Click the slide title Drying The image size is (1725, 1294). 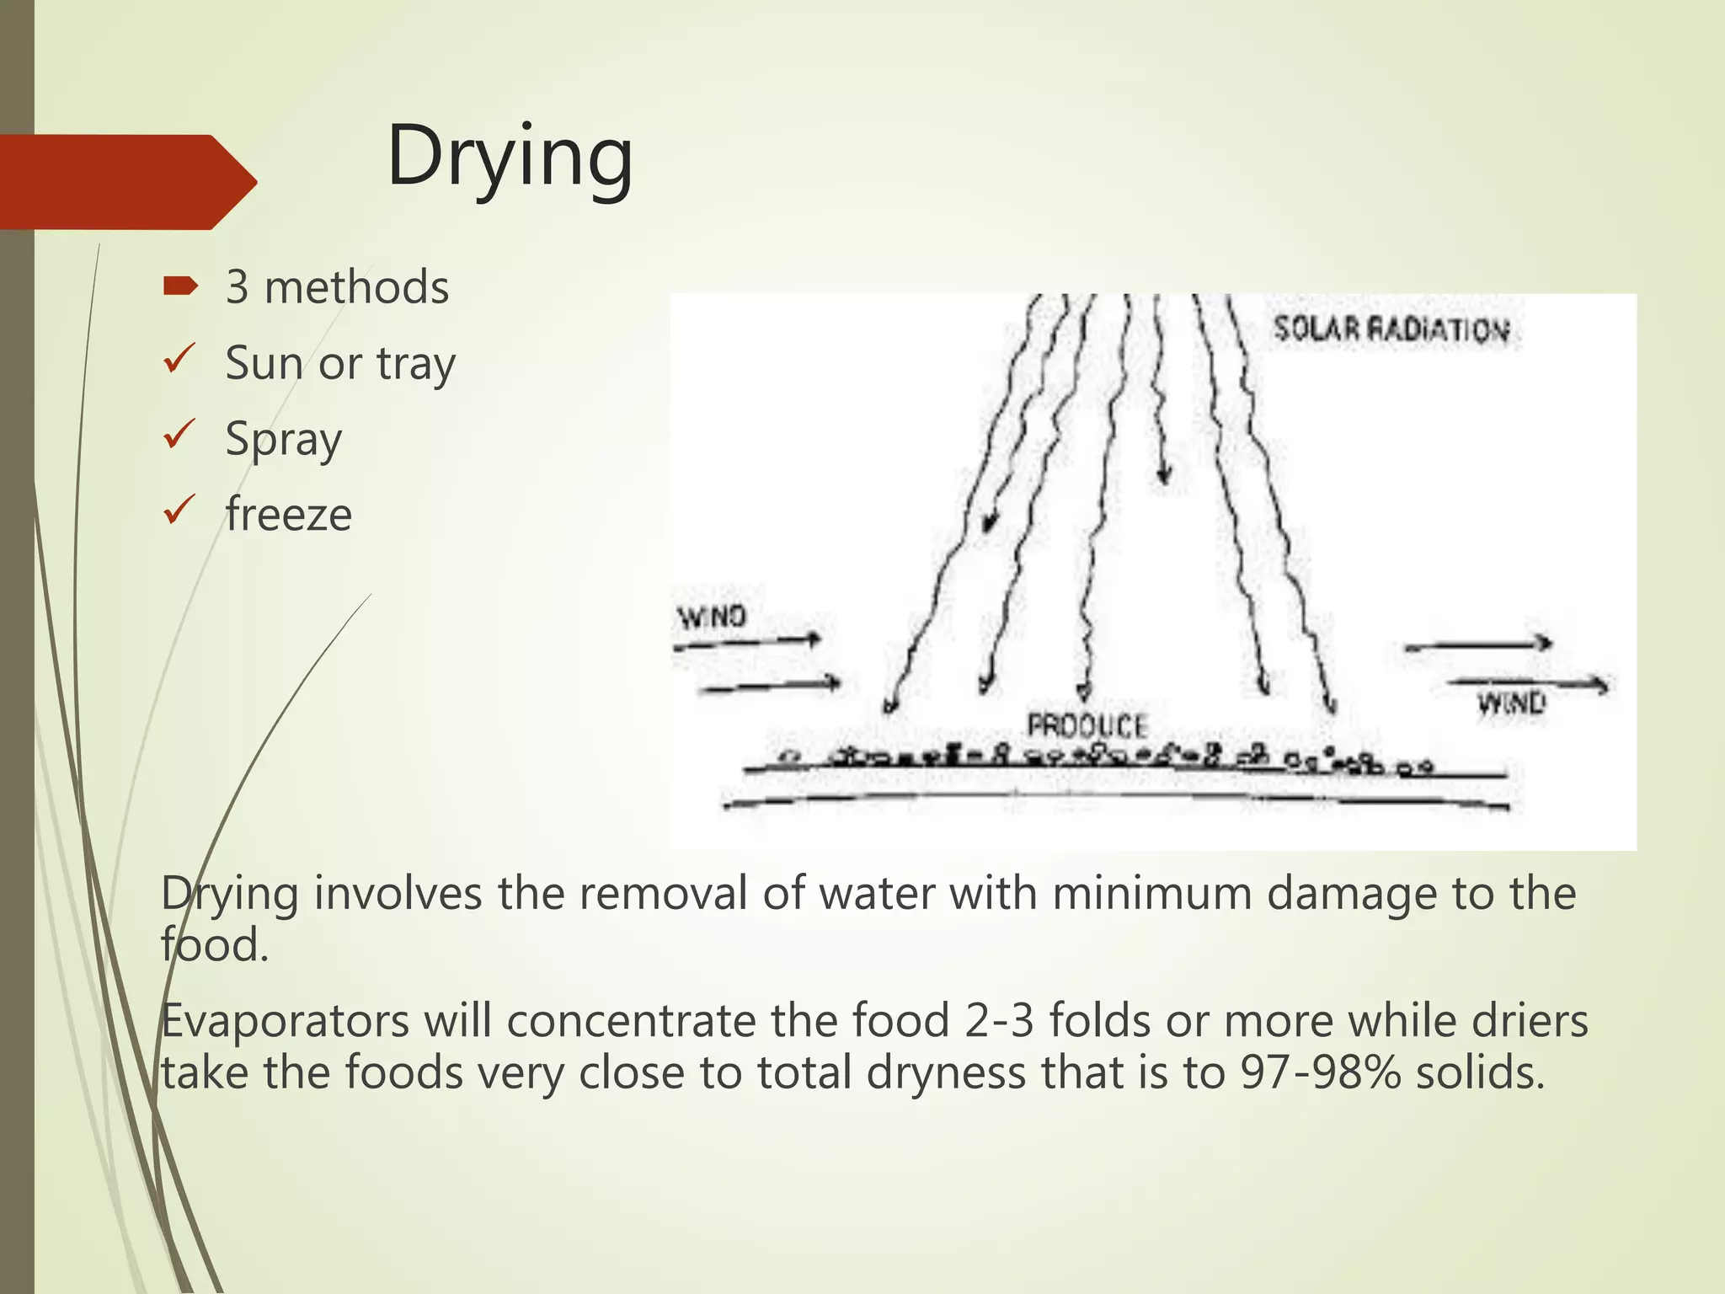tap(510, 158)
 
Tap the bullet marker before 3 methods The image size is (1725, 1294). tap(180, 287)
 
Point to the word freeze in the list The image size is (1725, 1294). tap(288, 515)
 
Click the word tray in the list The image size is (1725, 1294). tap(416, 365)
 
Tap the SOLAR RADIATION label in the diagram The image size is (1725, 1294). tap(1391, 329)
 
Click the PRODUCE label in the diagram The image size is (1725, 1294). tap(1087, 725)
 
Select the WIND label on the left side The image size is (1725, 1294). tap(713, 617)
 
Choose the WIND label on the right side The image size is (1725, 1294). tap(1511, 703)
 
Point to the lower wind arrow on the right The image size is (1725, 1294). tap(1526, 683)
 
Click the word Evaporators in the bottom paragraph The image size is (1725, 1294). tap(283, 1022)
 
